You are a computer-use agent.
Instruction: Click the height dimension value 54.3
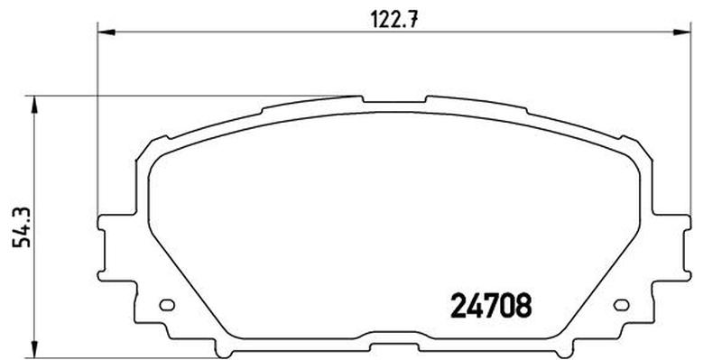(x=22, y=227)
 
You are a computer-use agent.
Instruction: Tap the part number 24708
(x=491, y=306)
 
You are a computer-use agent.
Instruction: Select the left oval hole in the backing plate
(x=167, y=305)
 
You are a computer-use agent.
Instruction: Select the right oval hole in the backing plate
(x=622, y=305)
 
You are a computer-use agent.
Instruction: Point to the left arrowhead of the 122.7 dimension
(x=106, y=32)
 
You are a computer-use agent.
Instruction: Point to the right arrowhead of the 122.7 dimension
(x=682, y=32)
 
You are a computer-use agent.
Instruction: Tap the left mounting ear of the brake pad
(x=102, y=247)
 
